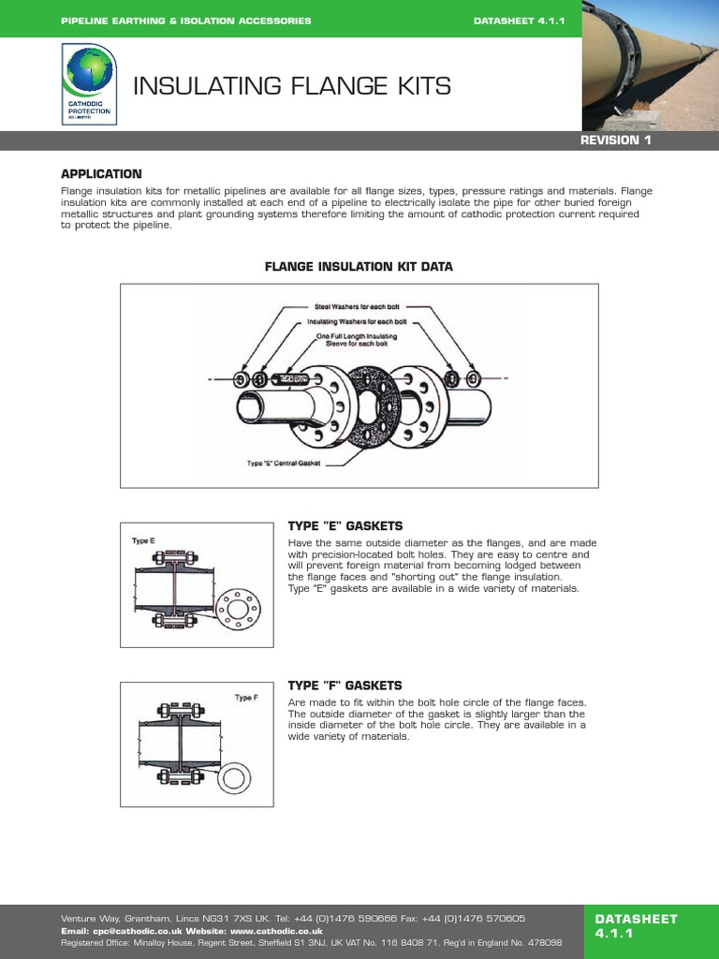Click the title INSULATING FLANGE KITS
pyautogui.click(x=292, y=87)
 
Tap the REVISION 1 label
pyautogui.click(x=615, y=140)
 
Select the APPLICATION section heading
pyautogui.click(x=101, y=174)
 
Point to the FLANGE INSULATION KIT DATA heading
pyautogui.click(x=359, y=267)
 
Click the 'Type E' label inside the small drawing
pyautogui.click(x=141, y=540)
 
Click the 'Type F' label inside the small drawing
pyautogui.click(x=245, y=698)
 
